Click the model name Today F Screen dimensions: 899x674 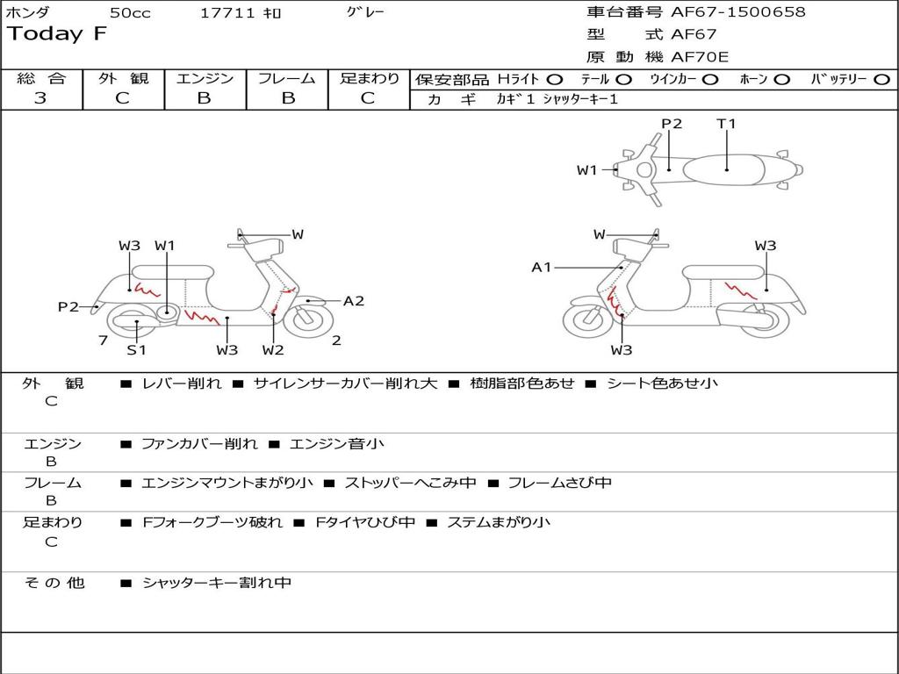57,34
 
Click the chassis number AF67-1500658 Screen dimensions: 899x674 737,12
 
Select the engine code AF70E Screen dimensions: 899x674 700,57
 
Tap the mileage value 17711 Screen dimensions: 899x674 227,13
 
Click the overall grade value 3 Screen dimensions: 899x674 40,98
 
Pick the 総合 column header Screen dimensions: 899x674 41,78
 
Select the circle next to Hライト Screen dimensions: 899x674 555,80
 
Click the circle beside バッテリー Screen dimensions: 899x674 881,80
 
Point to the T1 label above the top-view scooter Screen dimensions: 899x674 726,123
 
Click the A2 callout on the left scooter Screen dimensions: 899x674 353,301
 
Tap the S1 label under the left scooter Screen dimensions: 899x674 136,349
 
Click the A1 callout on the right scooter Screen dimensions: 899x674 541,267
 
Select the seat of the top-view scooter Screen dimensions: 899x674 723,170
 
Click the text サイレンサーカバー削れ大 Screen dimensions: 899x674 345,383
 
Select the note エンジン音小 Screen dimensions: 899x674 337,444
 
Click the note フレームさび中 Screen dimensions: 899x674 559,484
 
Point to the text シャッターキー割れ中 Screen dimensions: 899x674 217,583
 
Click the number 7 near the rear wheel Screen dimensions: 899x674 104,341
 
